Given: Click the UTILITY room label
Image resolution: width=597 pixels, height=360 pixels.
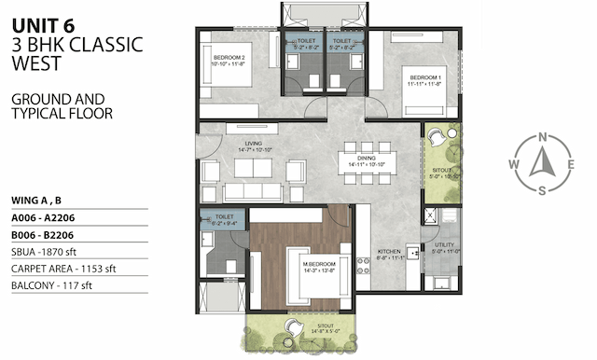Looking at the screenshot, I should (x=444, y=246).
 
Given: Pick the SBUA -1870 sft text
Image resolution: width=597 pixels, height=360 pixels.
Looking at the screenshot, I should (x=48, y=254).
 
